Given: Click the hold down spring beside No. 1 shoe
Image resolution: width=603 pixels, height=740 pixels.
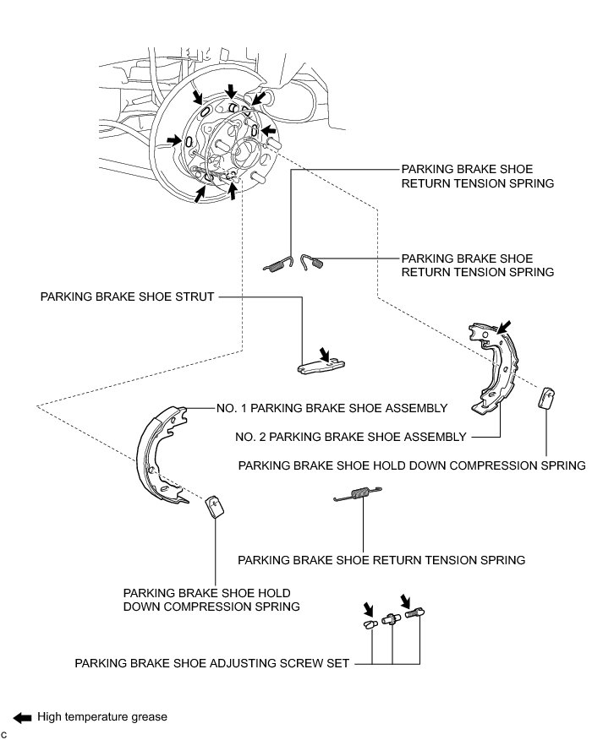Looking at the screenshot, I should [x=214, y=506].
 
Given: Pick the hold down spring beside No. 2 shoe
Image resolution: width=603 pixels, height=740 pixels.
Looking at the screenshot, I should [x=546, y=397].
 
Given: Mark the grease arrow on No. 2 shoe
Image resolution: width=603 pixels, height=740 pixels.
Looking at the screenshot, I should [x=503, y=325].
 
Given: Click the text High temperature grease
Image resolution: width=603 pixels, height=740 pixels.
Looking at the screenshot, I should [x=102, y=717].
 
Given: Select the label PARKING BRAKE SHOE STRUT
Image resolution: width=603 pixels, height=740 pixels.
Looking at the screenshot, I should [x=127, y=297].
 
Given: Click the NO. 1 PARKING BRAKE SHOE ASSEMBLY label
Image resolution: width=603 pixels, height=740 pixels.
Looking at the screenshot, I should [x=331, y=408].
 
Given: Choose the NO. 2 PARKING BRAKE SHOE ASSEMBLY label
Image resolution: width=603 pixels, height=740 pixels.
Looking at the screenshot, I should [x=350, y=437].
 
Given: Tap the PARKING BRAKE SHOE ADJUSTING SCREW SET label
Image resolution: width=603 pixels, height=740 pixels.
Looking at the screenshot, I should [x=212, y=664].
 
